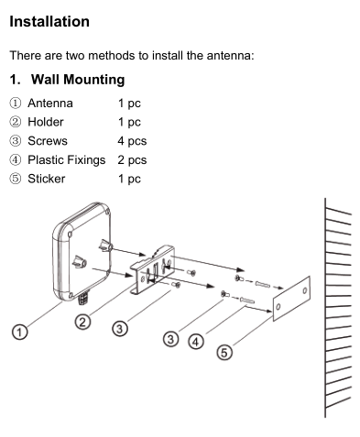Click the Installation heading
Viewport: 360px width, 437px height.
point(49,22)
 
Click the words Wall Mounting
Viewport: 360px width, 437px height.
point(78,80)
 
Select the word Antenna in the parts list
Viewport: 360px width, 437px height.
point(50,104)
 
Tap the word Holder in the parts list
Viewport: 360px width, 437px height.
point(46,122)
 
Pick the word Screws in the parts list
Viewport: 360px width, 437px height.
point(48,141)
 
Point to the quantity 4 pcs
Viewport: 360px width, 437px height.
point(132,141)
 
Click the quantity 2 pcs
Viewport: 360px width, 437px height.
point(132,160)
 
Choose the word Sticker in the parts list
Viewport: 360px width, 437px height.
point(47,179)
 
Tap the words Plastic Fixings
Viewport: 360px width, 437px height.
point(67,160)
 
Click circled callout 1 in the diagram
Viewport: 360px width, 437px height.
point(20,332)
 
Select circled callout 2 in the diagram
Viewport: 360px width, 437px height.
point(82,322)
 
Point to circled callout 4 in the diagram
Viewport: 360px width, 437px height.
point(196,342)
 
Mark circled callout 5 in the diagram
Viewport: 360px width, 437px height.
point(224,353)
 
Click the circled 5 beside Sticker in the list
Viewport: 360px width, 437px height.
point(16,179)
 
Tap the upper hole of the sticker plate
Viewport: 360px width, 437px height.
point(305,290)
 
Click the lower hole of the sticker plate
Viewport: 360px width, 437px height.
point(278,307)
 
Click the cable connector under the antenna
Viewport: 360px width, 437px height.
point(83,298)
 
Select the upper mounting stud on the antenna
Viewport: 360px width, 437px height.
point(105,246)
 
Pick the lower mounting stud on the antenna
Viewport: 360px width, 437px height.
point(80,262)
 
